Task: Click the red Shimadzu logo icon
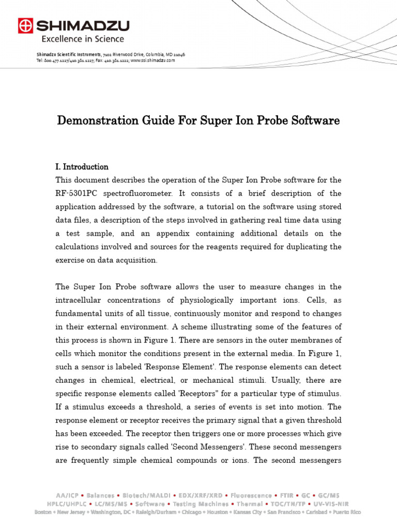tap(25, 25)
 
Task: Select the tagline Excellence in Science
tap(83, 39)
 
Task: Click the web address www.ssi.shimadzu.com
tap(153, 60)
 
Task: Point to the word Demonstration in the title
tap(95, 121)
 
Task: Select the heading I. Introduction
tap(82, 167)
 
